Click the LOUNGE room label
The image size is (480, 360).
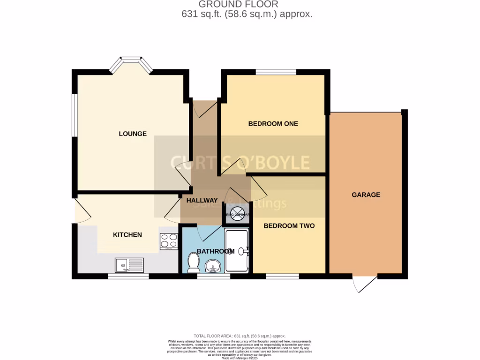tap(132, 134)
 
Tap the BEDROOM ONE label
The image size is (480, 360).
tap(273, 124)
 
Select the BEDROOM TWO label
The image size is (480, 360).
tap(289, 225)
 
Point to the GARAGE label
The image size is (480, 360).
tap(366, 195)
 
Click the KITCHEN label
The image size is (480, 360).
tap(127, 234)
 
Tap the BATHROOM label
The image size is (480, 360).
tap(215, 251)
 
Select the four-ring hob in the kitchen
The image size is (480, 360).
tap(169, 241)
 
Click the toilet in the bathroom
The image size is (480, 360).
tap(192, 262)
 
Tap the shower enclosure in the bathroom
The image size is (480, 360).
tap(238, 251)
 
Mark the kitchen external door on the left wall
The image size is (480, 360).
tap(80, 210)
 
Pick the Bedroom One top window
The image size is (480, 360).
tap(276, 72)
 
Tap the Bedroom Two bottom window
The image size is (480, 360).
tap(282, 277)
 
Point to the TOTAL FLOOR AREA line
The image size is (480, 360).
tap(240, 336)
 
